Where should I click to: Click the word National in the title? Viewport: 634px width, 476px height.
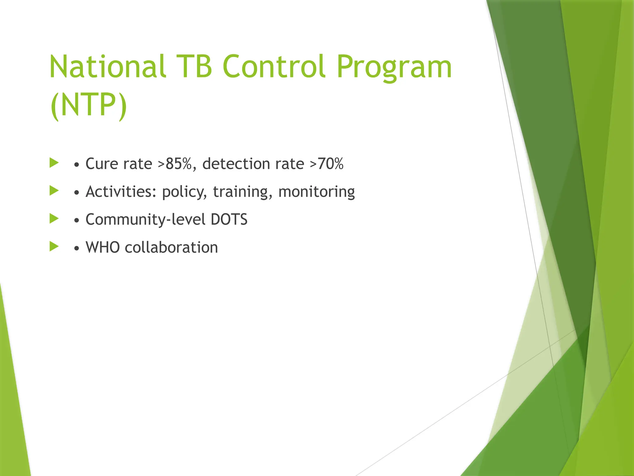(x=107, y=67)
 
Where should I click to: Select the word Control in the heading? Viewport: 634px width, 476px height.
(x=274, y=67)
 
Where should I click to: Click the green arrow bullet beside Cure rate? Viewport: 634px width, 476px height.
(x=54, y=163)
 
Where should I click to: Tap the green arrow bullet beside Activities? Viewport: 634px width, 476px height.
(x=54, y=191)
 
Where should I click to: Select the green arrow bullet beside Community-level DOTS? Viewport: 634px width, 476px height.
(x=54, y=218)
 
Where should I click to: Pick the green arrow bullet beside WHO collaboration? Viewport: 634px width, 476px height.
(x=54, y=246)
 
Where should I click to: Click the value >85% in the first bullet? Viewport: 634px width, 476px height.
(x=177, y=164)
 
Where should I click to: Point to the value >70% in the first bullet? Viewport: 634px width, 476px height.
(x=327, y=164)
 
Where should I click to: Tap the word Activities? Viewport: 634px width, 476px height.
(x=121, y=192)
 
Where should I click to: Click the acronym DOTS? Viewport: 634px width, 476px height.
(x=229, y=220)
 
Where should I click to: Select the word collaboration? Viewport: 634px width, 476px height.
(x=172, y=248)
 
